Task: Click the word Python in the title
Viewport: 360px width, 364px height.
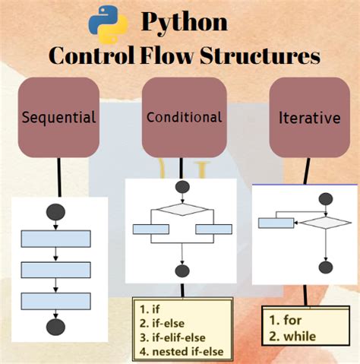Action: (x=183, y=21)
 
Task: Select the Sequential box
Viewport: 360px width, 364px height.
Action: (x=59, y=117)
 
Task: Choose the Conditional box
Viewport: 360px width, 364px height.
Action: (x=184, y=117)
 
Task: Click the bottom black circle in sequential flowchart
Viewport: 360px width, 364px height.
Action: (x=55, y=327)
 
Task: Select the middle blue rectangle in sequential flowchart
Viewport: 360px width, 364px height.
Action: (x=55, y=270)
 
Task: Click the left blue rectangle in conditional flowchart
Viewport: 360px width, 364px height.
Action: (x=150, y=229)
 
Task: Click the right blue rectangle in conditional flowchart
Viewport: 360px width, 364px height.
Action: (x=213, y=229)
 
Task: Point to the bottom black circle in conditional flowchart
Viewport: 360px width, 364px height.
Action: (x=182, y=271)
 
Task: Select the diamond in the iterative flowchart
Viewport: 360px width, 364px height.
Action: (x=326, y=223)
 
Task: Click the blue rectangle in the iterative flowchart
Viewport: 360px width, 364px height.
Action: (x=276, y=223)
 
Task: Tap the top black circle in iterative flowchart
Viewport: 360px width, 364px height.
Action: (x=326, y=199)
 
